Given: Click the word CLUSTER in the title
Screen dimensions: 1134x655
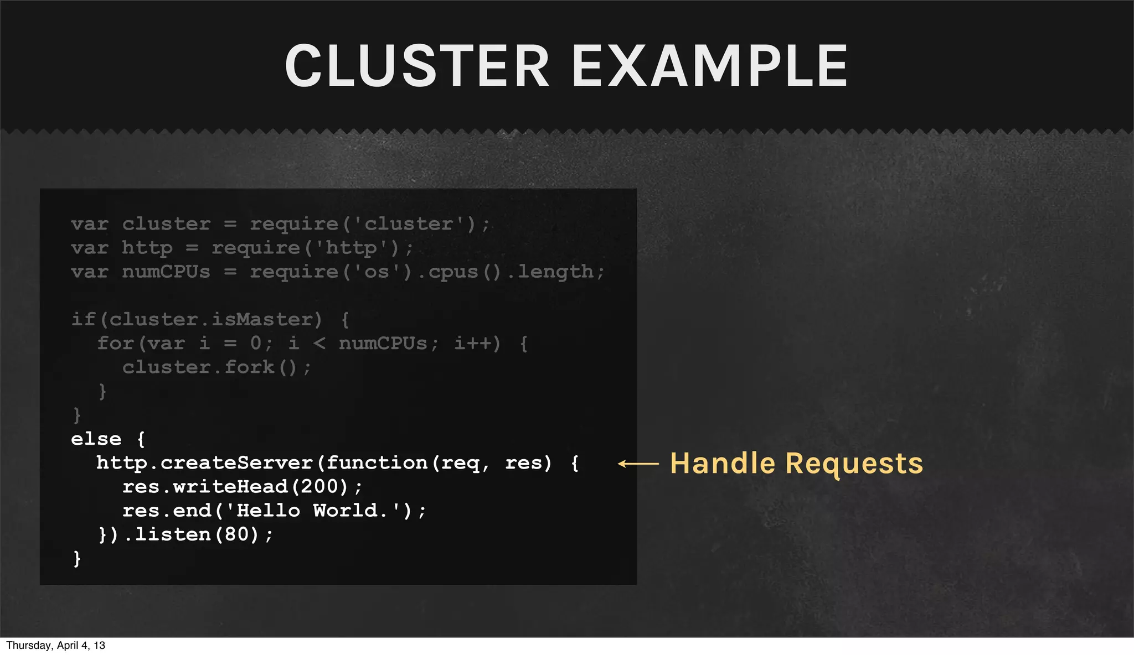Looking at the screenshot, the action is coord(417,66).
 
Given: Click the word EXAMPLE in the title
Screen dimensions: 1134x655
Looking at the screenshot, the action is coord(710,66).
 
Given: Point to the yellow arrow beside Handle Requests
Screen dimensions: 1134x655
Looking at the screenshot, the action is coord(638,464).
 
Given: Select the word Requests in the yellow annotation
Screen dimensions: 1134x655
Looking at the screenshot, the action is coord(854,464).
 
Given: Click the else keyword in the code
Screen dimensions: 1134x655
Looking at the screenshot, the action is coord(96,439).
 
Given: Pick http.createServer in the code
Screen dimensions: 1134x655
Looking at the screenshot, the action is coord(205,463).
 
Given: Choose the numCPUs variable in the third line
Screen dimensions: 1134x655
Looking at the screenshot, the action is coord(166,272).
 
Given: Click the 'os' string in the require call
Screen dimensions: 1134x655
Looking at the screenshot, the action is coord(377,272).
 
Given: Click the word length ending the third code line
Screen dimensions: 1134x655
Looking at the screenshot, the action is coord(555,272).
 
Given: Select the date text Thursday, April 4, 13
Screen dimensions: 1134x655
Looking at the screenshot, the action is coord(55,646).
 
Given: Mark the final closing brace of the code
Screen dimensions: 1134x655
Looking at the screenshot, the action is coord(77,559).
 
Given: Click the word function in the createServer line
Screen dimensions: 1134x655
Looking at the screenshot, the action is coord(377,463).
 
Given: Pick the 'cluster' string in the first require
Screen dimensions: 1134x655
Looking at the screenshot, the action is coord(409,224).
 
